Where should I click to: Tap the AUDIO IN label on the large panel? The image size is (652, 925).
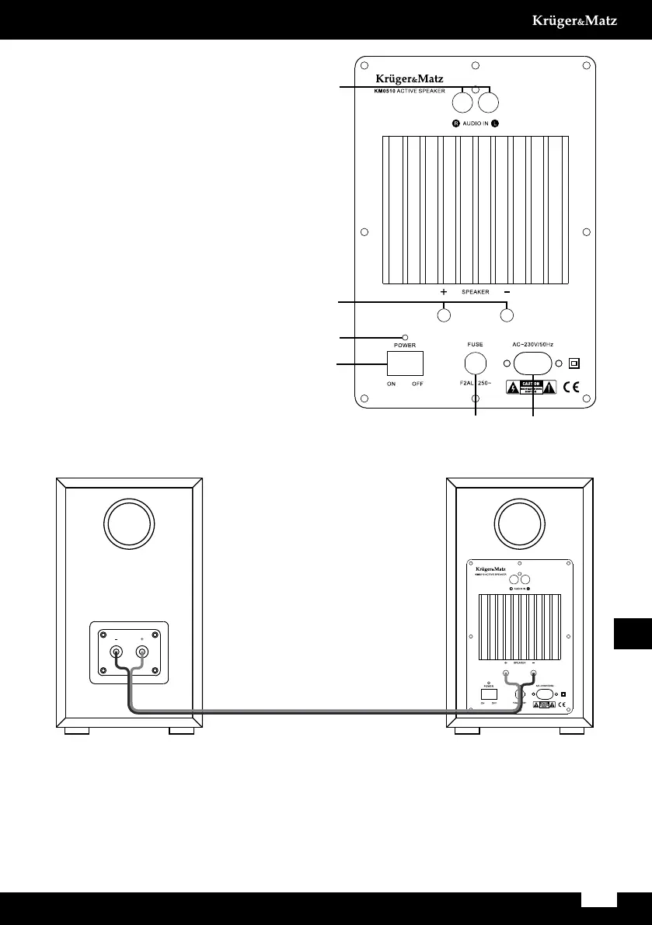pyautogui.click(x=476, y=123)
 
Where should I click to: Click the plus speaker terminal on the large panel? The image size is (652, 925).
pyautogui.click(x=444, y=316)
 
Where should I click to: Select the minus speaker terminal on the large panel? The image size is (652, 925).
pyautogui.click(x=507, y=316)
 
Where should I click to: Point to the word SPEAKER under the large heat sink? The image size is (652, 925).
pyautogui.click(x=476, y=292)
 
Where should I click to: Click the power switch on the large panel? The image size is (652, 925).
pyautogui.click(x=405, y=363)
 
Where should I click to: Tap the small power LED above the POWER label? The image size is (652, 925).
pyautogui.click(x=405, y=338)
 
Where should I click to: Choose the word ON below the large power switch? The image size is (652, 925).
pyautogui.click(x=392, y=383)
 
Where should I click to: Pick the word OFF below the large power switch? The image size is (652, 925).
pyautogui.click(x=417, y=383)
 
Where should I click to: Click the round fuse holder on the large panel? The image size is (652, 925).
pyautogui.click(x=476, y=363)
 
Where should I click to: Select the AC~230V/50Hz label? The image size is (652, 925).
pyautogui.click(x=532, y=343)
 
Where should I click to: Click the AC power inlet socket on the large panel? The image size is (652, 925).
pyautogui.click(x=532, y=363)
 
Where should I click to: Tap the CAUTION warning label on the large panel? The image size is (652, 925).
pyautogui.click(x=532, y=387)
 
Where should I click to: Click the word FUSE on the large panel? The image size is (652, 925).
pyautogui.click(x=476, y=343)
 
